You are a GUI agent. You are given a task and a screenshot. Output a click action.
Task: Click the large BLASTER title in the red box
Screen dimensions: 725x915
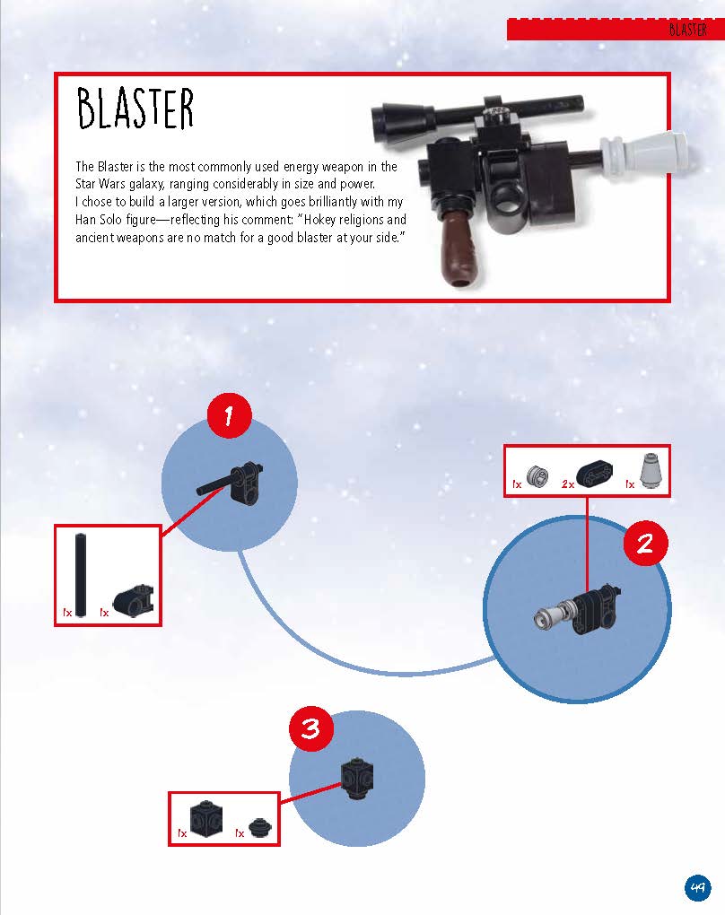(x=135, y=109)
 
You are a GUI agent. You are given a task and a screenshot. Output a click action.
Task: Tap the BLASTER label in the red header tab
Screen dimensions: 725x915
(x=687, y=30)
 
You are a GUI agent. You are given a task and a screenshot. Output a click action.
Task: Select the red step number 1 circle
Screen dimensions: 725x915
(x=230, y=415)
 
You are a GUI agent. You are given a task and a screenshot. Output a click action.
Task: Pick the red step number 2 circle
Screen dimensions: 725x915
(x=645, y=544)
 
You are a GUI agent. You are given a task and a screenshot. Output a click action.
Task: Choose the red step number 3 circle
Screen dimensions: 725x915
(x=311, y=728)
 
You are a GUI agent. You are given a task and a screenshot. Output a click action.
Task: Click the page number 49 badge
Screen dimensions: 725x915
(x=697, y=888)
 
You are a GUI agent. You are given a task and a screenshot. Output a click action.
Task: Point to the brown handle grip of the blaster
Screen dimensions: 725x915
(x=459, y=248)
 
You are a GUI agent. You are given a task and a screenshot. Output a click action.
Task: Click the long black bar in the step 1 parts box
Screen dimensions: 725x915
(x=81, y=575)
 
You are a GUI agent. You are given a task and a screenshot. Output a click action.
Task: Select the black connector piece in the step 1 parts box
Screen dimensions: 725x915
(x=134, y=600)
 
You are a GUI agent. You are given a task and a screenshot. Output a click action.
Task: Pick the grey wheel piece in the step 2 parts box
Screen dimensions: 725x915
(x=537, y=475)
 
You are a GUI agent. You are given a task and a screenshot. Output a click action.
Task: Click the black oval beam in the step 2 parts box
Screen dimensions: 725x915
(x=594, y=473)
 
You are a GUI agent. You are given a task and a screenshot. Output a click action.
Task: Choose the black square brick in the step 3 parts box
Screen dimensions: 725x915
(x=206, y=819)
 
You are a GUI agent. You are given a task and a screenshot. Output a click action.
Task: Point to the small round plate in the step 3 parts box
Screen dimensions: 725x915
(x=260, y=827)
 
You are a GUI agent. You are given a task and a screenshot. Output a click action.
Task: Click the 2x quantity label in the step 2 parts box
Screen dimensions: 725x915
(x=567, y=484)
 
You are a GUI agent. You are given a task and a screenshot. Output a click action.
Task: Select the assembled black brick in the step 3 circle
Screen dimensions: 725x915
(x=356, y=779)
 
